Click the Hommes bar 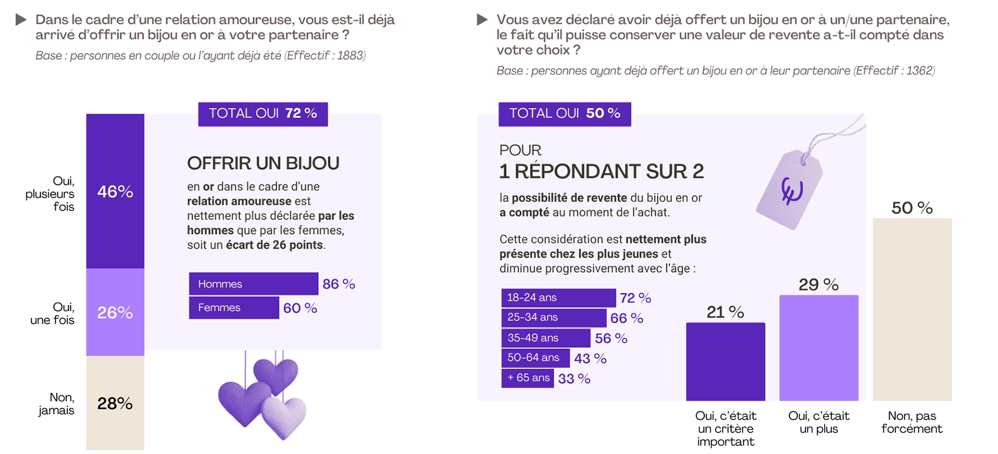[x=253, y=284]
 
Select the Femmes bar [x=234, y=307]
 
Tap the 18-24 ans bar [x=558, y=297]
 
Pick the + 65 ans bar [x=527, y=378]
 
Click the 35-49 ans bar [x=545, y=338]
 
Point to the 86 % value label [x=339, y=284]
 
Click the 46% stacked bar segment [x=115, y=191]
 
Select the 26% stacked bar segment [x=115, y=312]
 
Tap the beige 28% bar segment [x=115, y=403]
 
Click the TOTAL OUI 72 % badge [x=263, y=114]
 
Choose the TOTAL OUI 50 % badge [x=564, y=114]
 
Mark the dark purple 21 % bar [x=725, y=361]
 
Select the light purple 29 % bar [x=818, y=347]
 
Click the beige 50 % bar [x=912, y=309]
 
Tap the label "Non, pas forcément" [x=912, y=422]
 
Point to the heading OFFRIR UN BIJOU [x=263, y=163]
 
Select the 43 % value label [x=590, y=358]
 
